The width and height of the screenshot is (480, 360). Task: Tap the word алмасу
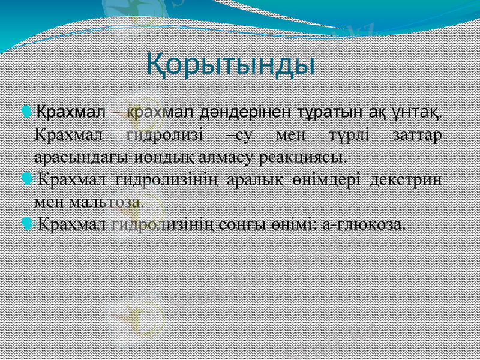[208, 158]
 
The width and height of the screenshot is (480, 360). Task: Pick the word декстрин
[408, 179]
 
